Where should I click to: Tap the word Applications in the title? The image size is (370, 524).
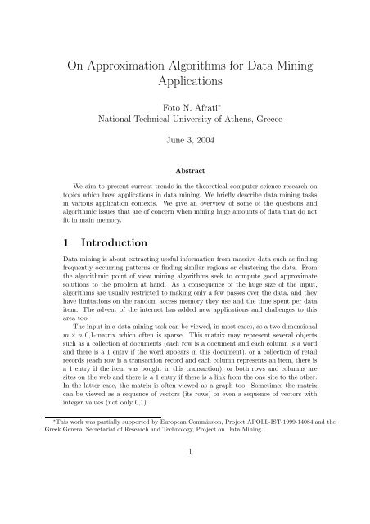click(184, 82)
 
